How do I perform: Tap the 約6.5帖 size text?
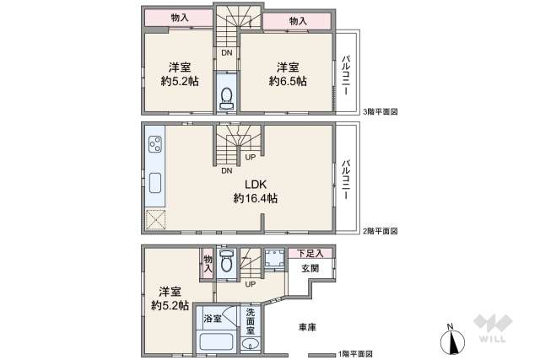288,81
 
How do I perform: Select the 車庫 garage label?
306,326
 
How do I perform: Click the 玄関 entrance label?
310,268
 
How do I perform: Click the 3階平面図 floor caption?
380,111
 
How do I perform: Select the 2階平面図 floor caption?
380,230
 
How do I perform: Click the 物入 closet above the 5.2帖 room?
180,19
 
